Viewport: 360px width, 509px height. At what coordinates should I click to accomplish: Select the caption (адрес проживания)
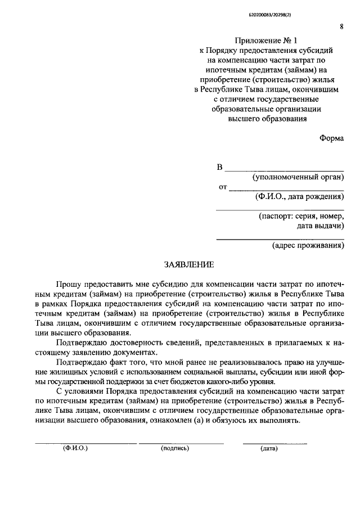tap(308, 245)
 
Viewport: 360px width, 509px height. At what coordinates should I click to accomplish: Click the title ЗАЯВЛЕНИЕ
tap(188, 264)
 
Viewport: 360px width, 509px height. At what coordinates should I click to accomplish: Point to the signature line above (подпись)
tap(181, 443)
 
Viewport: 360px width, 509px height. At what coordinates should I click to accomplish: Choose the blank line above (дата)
tap(274, 443)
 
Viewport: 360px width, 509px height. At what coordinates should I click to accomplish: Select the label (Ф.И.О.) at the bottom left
tap(75, 449)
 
